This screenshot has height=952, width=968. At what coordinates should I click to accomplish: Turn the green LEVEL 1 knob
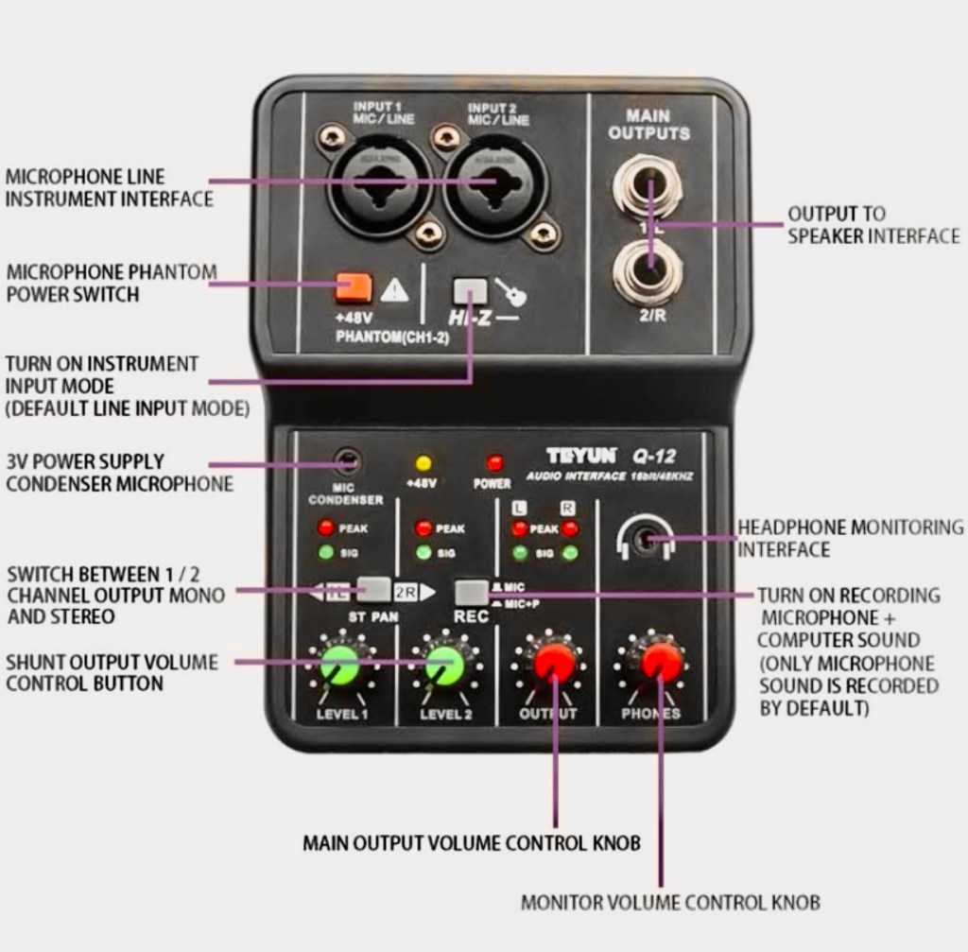coord(340,666)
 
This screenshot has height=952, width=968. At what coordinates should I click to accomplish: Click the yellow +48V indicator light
coord(423,463)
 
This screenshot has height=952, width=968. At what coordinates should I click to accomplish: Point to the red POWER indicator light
coord(493,463)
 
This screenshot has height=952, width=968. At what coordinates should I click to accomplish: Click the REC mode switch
coord(471,593)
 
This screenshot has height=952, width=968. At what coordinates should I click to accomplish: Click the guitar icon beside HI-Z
coord(511,292)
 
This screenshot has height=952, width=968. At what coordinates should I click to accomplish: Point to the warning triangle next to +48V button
coord(394,289)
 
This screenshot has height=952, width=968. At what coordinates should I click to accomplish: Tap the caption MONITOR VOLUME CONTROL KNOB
coord(670,902)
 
